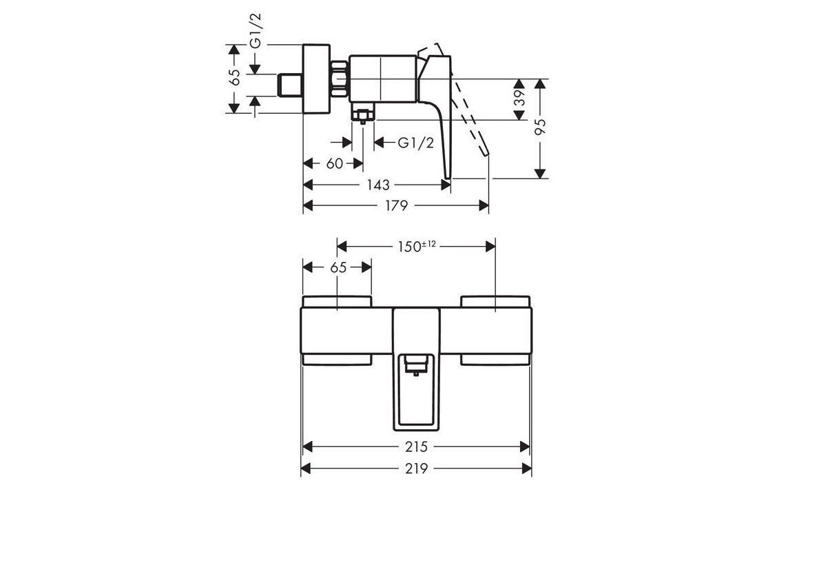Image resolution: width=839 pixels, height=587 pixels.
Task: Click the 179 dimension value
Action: click(397, 205)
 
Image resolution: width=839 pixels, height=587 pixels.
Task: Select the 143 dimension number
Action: click(377, 185)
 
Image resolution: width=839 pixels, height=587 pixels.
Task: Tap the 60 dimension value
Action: click(335, 163)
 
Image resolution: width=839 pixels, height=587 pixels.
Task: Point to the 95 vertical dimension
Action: click(540, 127)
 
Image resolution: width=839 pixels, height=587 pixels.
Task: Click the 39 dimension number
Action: click(519, 98)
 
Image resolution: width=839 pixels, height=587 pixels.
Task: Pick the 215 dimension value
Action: click(416, 446)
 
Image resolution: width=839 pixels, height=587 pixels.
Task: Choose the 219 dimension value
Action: click(416, 468)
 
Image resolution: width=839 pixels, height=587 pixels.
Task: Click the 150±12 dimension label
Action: click(417, 247)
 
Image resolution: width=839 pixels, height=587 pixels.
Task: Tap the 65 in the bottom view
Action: click(338, 267)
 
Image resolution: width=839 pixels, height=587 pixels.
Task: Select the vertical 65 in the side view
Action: click(234, 77)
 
